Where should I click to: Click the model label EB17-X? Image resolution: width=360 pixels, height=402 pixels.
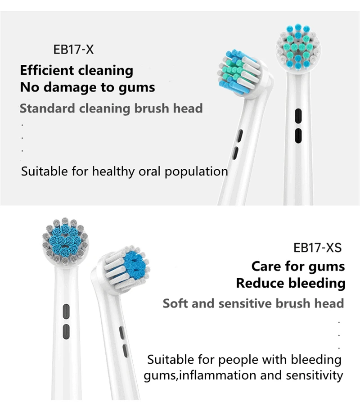[x=74, y=49]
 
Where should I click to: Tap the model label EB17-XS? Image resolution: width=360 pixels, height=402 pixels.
[x=317, y=248]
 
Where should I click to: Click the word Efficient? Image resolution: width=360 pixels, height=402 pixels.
[x=46, y=71]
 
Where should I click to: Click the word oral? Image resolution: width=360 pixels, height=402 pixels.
[x=151, y=172]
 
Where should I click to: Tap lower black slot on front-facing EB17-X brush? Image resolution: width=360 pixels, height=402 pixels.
[x=297, y=136]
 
